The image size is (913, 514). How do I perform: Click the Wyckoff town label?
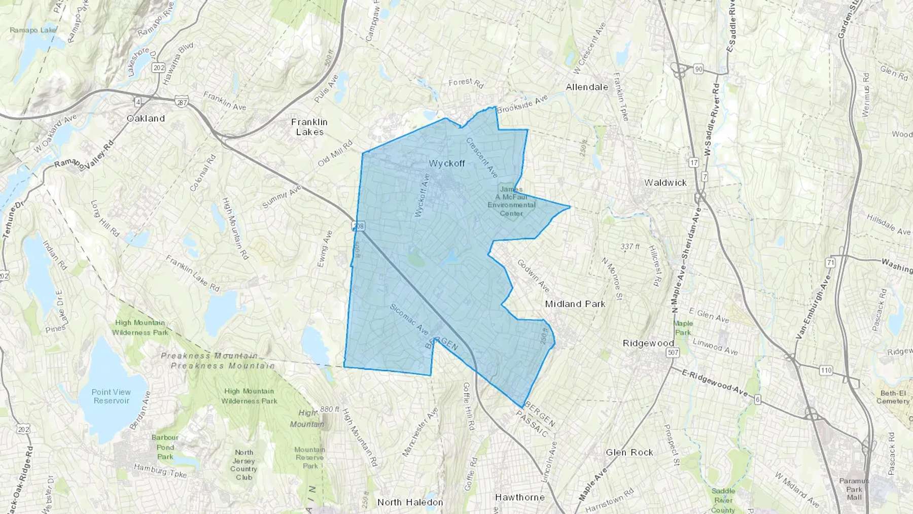pos(446,163)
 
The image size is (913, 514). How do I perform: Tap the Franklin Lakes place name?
pos(309,127)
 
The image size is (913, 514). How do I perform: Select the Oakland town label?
pos(146,118)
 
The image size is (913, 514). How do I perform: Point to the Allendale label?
pos(587,87)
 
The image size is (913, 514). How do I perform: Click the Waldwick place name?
pos(665,183)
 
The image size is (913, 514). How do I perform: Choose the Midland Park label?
pos(575,304)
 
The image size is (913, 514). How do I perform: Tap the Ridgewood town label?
pos(648,343)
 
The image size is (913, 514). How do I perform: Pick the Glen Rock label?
pos(629,452)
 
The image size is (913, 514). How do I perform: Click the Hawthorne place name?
pos(519,497)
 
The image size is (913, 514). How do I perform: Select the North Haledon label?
pos(410,502)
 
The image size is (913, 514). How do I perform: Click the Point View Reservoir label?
pos(111,396)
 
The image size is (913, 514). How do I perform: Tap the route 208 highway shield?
pos(359,226)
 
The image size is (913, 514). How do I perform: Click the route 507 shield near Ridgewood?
pos(673,353)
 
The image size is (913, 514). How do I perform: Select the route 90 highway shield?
pos(698,69)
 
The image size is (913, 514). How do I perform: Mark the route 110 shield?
pos(826,370)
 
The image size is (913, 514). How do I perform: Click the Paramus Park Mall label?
pos(854,489)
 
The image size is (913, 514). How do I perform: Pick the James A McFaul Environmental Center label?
pos(511,201)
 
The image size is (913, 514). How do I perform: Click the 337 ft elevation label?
pos(630,247)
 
